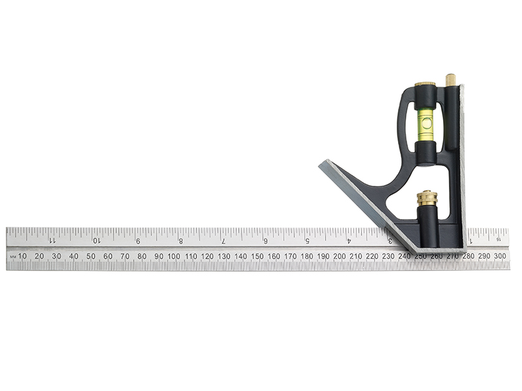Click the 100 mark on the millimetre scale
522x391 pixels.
coord(174,256)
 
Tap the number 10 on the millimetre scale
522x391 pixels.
coord(23,256)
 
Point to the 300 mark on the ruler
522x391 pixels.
coord(500,256)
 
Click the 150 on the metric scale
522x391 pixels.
coord(257,256)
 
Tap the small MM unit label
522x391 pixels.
coord(12,257)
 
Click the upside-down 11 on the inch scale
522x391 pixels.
coord(52,240)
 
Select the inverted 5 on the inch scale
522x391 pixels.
coord(307,240)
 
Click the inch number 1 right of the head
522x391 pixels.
coord(472,240)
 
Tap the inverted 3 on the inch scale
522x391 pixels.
coord(390,240)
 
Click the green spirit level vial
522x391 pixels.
coord(425,123)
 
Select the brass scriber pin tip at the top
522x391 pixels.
coord(450,79)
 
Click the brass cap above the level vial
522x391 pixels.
coord(425,86)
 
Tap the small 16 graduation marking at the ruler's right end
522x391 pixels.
coord(498,239)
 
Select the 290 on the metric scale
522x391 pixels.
coord(484,256)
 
